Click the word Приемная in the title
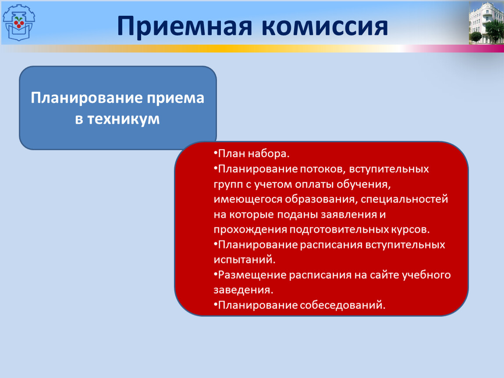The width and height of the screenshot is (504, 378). (x=185, y=26)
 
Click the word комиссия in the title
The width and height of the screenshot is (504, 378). (x=325, y=26)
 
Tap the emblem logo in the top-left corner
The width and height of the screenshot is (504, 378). (x=19, y=22)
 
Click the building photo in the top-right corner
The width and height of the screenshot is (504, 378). (x=486, y=22)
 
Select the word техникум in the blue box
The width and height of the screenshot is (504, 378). (x=124, y=119)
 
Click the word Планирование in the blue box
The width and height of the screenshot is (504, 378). (x=87, y=98)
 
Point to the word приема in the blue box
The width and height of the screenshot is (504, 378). (x=175, y=98)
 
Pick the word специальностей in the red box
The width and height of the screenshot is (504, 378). (x=405, y=199)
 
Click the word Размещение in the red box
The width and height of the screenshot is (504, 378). (x=252, y=275)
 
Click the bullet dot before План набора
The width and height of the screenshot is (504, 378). (x=215, y=154)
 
